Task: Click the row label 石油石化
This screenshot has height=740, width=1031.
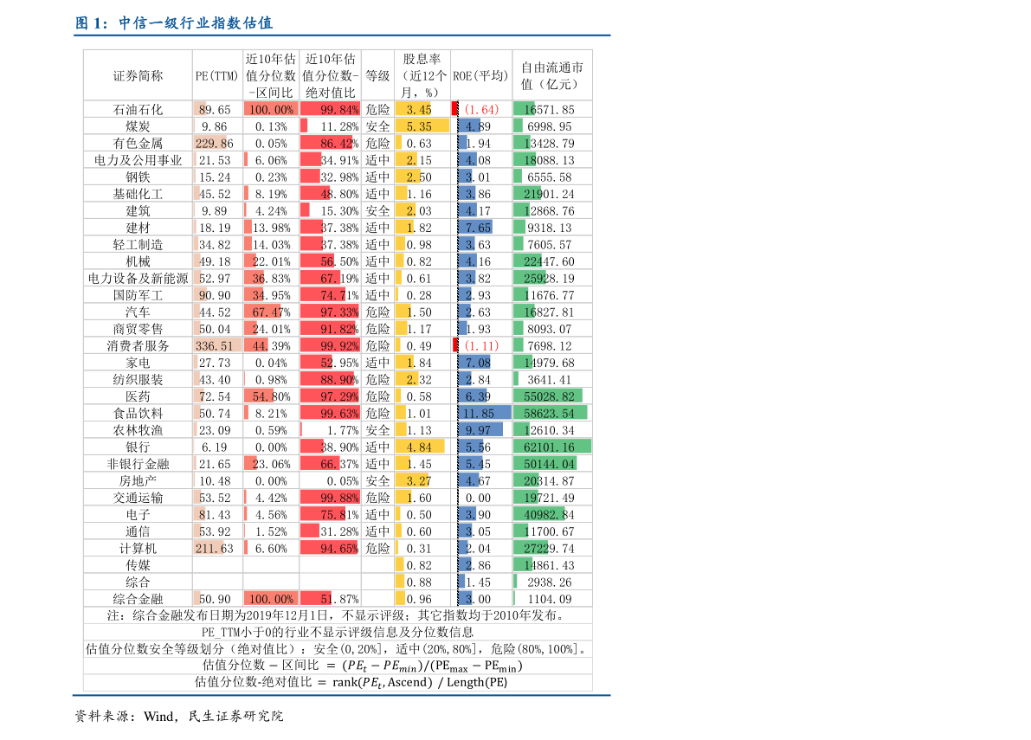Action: click(x=138, y=110)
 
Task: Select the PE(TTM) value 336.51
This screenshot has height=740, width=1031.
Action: click(x=216, y=346)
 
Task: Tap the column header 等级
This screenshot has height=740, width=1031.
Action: click(x=377, y=76)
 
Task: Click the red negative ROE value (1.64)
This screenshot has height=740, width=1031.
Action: click(x=481, y=110)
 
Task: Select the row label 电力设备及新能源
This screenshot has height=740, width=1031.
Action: click(x=138, y=279)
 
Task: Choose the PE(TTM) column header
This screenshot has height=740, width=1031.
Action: click(x=216, y=76)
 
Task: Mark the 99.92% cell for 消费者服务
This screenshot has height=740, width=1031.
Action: click(x=330, y=346)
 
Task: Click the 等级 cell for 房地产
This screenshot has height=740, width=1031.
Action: click(x=377, y=481)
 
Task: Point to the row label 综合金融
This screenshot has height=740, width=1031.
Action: click(x=138, y=599)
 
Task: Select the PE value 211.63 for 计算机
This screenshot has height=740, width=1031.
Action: click(x=216, y=549)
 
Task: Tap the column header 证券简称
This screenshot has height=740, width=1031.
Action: click(x=138, y=76)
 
